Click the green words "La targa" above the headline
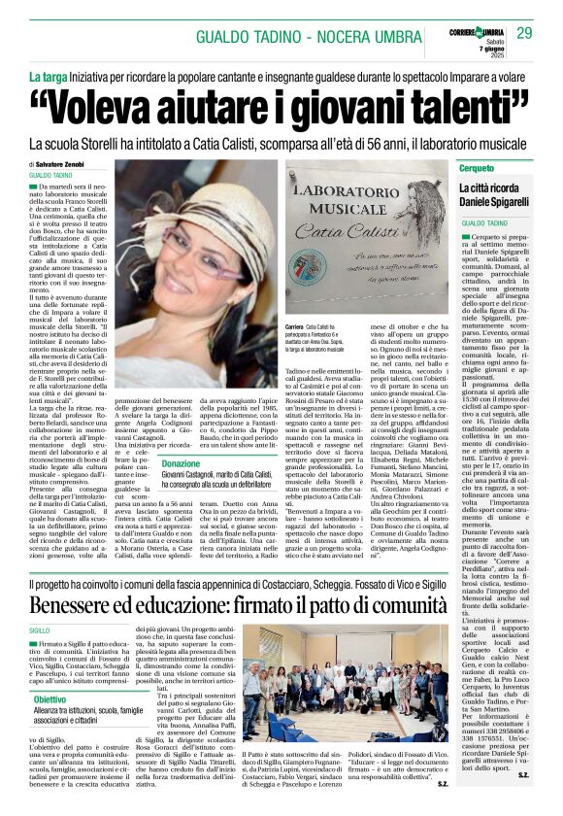pyautogui.click(x=48, y=76)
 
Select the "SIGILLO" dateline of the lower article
pyautogui.click(x=40, y=629)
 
